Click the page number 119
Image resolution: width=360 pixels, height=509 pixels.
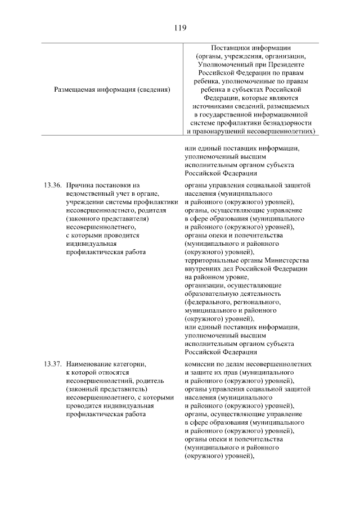pyautogui.click(x=180, y=27)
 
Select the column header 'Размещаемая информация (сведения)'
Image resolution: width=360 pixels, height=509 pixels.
pyautogui.click(x=112, y=89)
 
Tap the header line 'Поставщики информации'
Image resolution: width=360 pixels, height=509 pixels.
pyautogui.click(x=251, y=47)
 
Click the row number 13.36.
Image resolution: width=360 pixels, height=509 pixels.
pyautogui.click(x=51, y=185)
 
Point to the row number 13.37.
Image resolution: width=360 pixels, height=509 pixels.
pyautogui.click(x=51, y=364)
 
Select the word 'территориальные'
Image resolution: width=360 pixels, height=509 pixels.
pyautogui.click(x=213, y=261)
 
